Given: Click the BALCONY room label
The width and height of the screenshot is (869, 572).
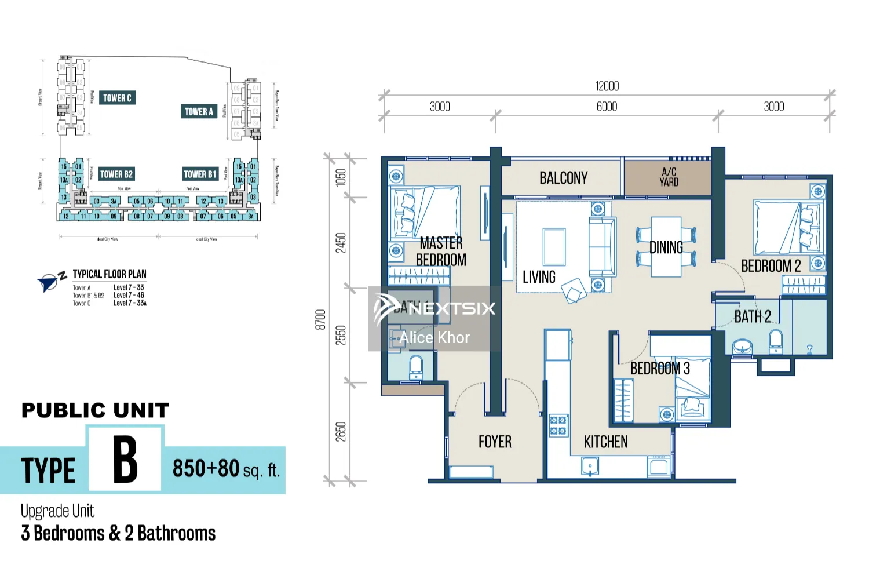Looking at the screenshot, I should tap(563, 178).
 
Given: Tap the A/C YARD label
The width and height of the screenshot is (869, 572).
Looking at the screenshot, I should tap(669, 177).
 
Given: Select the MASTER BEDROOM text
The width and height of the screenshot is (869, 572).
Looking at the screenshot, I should tap(441, 251).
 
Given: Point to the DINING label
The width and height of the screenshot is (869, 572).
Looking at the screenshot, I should tap(666, 247).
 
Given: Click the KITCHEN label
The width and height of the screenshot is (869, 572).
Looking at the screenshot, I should tap(605, 442).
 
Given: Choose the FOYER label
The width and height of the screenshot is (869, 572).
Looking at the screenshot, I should tap(495, 442).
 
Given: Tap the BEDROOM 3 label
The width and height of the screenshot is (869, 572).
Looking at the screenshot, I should tap(660, 369).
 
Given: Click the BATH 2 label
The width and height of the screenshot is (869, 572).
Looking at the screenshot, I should tap(752, 316).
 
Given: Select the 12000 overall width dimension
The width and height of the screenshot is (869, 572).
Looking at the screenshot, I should tap(607, 86).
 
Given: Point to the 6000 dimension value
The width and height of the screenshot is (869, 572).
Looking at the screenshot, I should tap(607, 107).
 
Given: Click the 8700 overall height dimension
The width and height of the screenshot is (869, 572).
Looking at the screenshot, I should tap(320, 319).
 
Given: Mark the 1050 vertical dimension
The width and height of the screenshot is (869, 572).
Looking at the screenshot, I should tap(341, 177).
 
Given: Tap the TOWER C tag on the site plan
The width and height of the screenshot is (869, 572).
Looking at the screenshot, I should tap(117, 98).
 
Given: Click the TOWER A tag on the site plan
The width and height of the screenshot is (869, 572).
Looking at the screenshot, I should tap(199, 111).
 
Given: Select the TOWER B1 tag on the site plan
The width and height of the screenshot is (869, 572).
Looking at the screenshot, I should tap(200, 174).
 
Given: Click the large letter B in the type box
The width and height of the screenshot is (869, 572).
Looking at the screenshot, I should tap(125, 460).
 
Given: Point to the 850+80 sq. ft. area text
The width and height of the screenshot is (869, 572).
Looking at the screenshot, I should tap(225, 469).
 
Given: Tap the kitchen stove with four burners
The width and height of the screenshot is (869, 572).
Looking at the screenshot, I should tap(558, 425).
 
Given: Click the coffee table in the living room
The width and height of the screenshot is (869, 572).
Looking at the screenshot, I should tap(554, 247).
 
